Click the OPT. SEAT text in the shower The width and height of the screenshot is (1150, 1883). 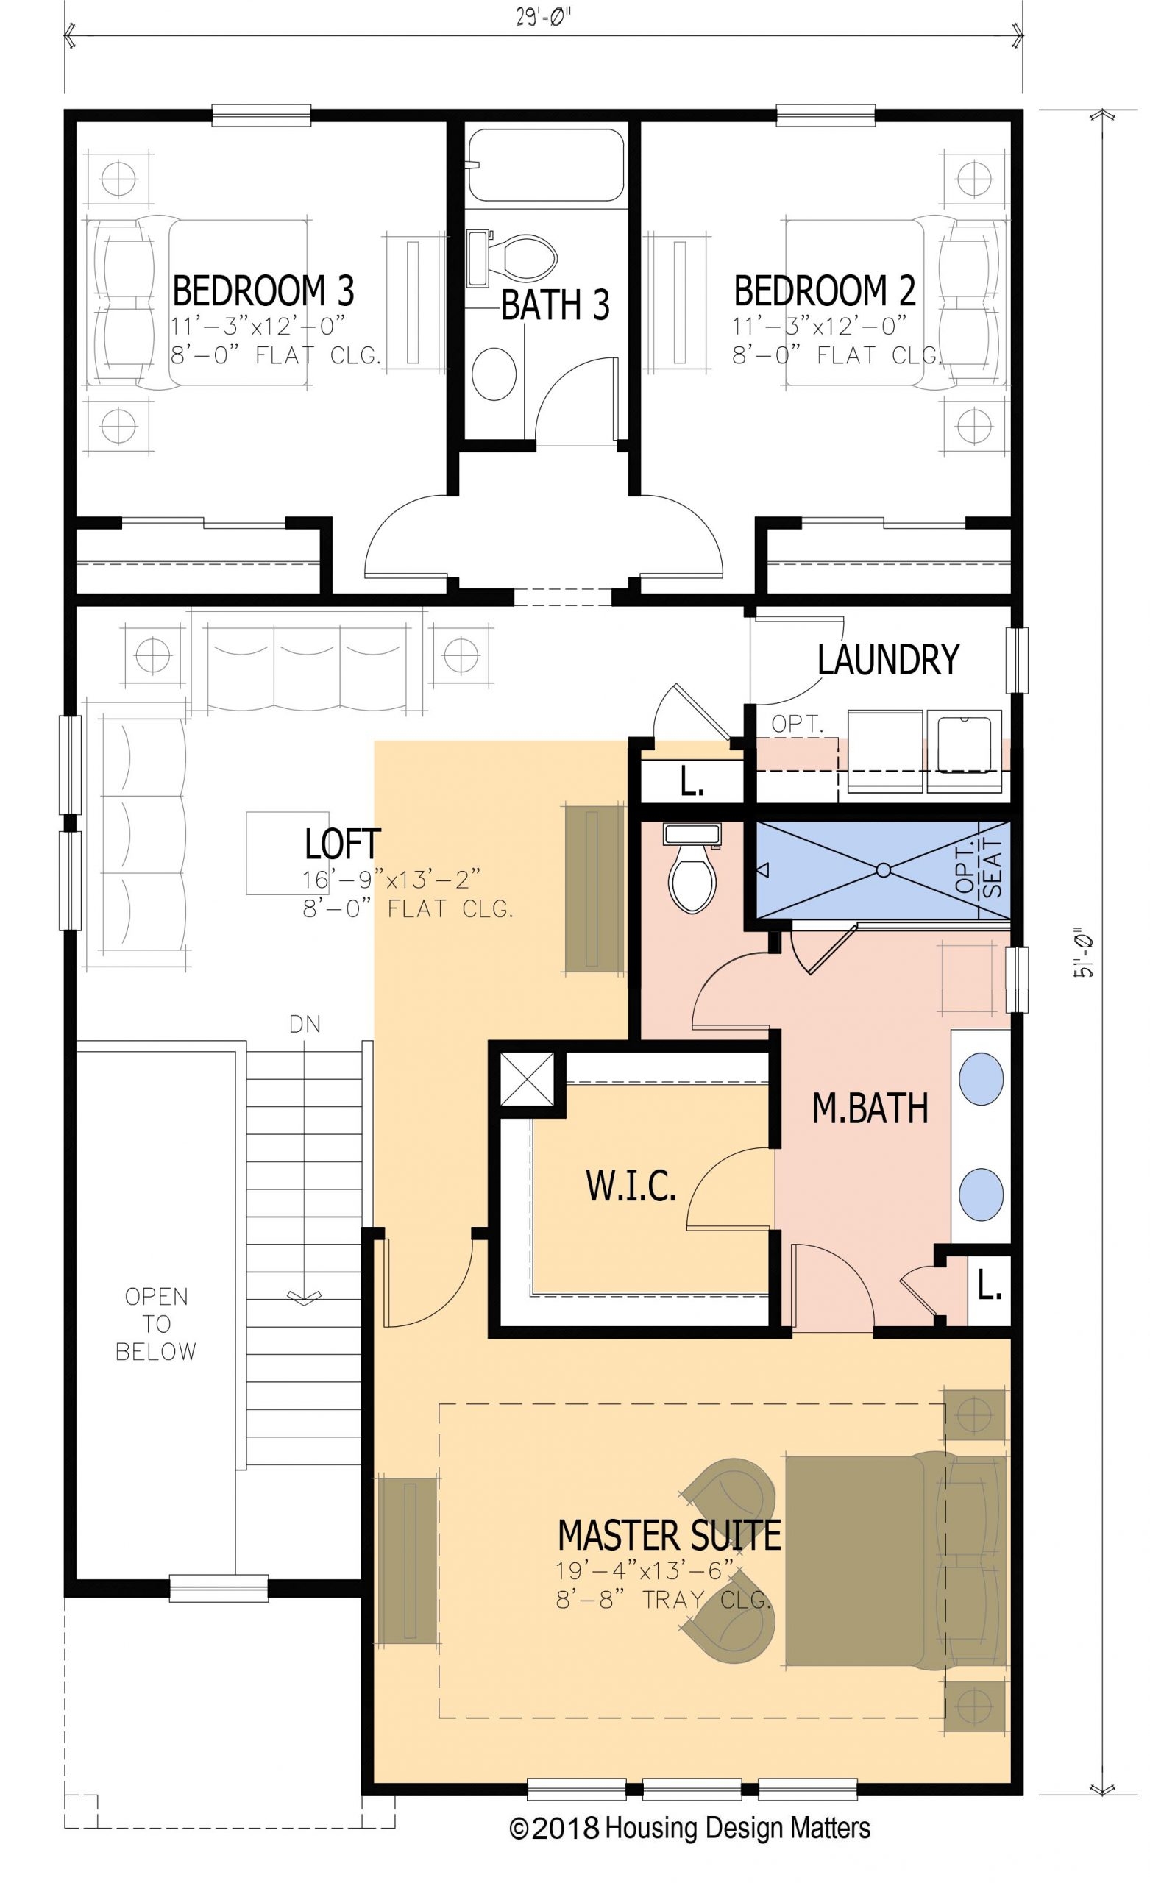click(979, 871)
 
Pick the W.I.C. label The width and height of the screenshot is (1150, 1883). click(631, 1186)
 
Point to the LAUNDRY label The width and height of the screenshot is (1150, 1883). click(888, 659)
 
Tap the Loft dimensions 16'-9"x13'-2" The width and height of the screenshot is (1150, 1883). click(391, 880)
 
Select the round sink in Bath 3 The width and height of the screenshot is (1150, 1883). click(494, 374)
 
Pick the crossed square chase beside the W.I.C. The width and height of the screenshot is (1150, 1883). click(527, 1079)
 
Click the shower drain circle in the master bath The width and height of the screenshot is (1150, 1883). click(883, 869)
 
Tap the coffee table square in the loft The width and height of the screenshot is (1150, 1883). click(276, 852)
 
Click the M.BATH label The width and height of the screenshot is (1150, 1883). click(870, 1109)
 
